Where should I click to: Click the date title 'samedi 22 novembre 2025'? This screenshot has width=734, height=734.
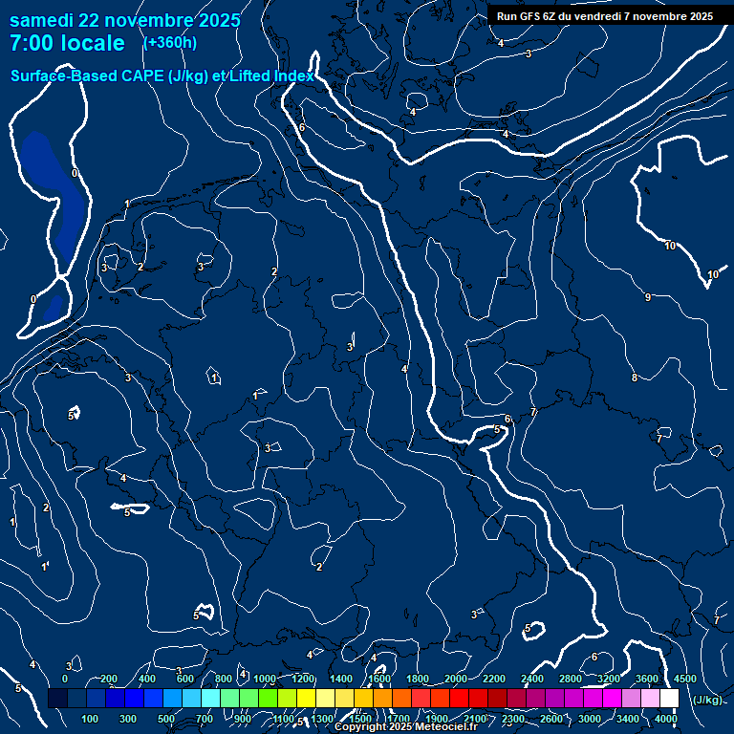125,20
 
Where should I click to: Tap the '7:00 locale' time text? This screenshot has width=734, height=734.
67,43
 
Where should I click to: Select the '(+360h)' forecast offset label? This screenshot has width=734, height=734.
170,43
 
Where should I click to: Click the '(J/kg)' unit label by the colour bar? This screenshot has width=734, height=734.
708,700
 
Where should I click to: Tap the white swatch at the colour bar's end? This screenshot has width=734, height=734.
669,699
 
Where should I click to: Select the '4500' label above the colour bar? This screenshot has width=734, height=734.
685,679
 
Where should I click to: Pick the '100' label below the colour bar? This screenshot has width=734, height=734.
91,719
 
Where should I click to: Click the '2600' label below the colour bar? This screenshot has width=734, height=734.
551,719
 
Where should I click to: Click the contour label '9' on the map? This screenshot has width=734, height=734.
648,298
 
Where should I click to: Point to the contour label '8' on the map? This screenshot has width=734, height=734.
635,378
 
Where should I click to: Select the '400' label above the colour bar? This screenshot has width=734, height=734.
147,679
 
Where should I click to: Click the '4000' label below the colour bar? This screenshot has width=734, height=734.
666,719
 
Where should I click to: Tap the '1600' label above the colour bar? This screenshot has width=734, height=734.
379,679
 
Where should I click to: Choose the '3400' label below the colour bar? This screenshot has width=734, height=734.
628,719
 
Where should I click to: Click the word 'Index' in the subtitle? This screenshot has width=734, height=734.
293,76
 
